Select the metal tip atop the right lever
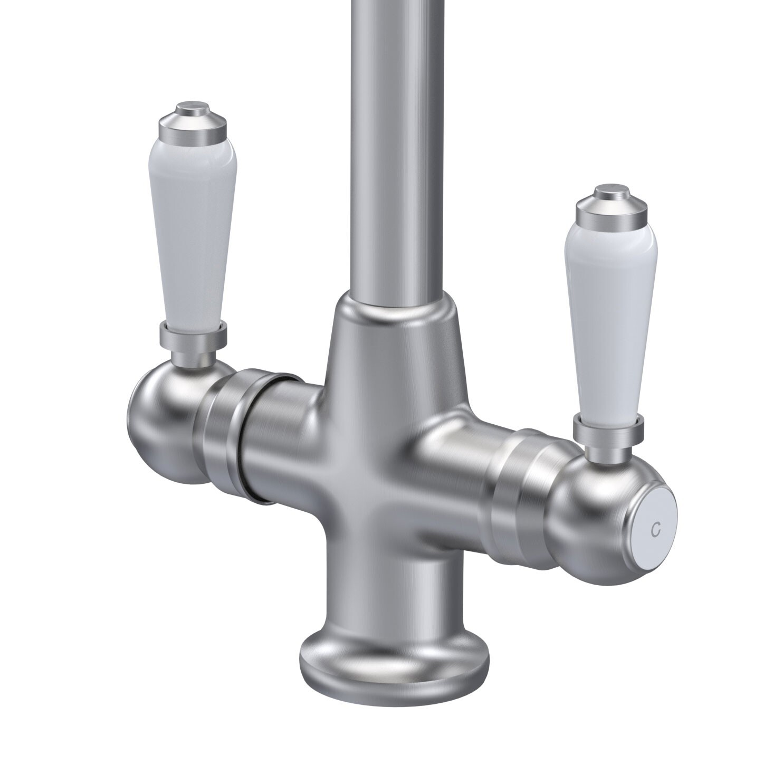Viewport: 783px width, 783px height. pyautogui.click(x=610, y=201)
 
